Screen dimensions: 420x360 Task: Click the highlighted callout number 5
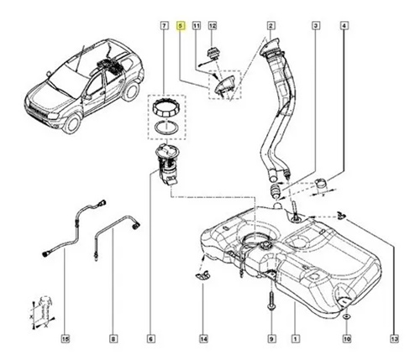tap(181, 26)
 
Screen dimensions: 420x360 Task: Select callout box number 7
tap(165, 26)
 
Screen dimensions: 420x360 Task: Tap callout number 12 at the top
tap(213, 26)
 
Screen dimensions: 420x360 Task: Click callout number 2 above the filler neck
tap(270, 26)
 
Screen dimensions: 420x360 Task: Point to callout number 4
tap(344, 26)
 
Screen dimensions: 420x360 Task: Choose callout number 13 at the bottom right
tap(394, 339)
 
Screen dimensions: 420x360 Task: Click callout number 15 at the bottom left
tap(65, 339)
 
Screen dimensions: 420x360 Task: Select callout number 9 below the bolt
tap(271, 339)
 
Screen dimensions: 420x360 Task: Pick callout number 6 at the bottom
tap(150, 339)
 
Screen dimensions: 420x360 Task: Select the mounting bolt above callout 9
tap(271, 301)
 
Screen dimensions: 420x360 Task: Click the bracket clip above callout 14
tap(202, 275)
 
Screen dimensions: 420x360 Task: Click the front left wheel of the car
tap(71, 123)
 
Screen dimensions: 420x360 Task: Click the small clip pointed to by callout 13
tap(341, 215)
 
